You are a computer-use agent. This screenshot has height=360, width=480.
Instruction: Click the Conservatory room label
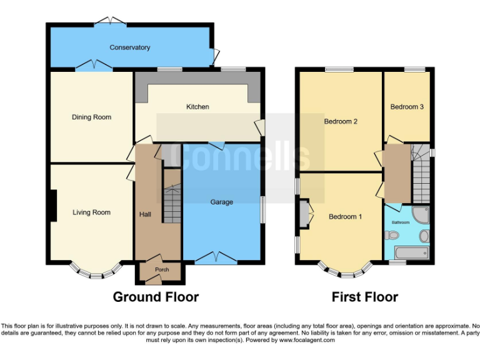point(130,47)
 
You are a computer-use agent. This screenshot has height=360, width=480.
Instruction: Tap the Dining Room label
point(91,117)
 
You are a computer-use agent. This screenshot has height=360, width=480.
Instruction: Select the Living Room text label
point(91,212)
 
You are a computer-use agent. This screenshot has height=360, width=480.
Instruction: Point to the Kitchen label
point(197,107)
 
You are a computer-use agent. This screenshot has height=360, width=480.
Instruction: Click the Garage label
point(221,202)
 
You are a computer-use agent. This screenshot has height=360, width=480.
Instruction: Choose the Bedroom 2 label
point(340,121)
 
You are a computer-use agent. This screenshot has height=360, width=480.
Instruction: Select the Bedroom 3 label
point(407,107)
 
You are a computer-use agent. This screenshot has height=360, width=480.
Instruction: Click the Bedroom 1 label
point(345,217)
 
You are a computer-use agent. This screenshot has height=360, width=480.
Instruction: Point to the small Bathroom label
point(400,222)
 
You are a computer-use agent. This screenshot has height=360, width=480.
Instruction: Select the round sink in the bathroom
point(424,236)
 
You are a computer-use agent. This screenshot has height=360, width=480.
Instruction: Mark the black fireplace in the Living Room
point(53,206)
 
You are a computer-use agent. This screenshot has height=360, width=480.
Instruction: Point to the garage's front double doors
point(216,257)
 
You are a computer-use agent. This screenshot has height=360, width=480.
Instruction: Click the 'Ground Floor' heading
point(156,297)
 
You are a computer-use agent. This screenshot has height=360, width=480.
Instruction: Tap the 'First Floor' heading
point(364,297)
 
